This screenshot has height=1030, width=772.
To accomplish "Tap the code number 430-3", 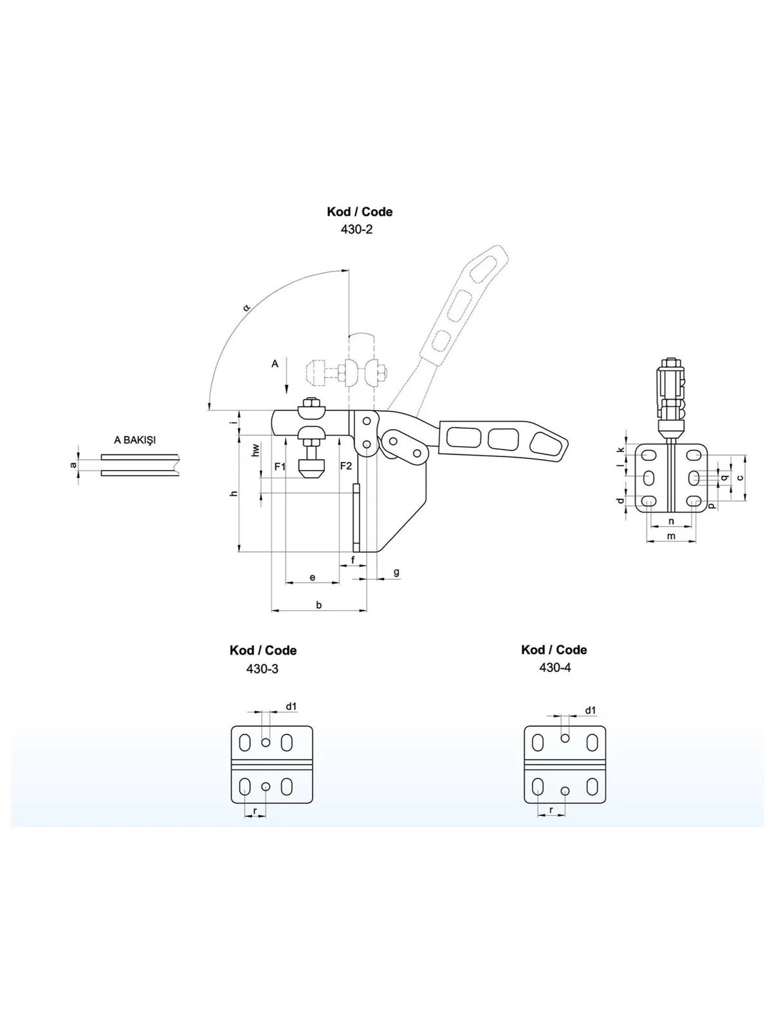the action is point(262,668).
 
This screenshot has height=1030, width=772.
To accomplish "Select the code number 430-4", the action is point(555,668).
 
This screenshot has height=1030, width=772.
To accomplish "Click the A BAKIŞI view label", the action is point(134,440).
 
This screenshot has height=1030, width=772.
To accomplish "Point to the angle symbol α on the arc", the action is point(246,308).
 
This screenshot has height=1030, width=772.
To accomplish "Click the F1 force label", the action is point(280,467).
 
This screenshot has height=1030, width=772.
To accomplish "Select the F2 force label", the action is point(346,466).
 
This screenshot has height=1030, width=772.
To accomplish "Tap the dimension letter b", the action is point(318,605).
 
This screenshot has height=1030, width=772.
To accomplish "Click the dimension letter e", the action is point(313,577).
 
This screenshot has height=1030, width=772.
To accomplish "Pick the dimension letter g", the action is point(396,572).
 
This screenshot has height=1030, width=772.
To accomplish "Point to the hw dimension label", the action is point(256,451).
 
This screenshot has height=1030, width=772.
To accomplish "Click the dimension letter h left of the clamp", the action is point(235,493).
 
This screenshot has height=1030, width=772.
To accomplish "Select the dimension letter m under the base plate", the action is point(671,536).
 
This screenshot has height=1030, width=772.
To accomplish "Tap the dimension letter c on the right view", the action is point(740,478).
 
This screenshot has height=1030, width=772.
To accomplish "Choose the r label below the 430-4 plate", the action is point(551,810).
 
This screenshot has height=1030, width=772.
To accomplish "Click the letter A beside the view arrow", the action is point(275,364).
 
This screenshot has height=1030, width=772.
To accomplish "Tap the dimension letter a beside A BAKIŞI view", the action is point(73,465).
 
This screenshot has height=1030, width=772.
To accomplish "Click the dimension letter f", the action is point(353,559).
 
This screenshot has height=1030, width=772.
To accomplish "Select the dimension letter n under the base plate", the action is point(671,521).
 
